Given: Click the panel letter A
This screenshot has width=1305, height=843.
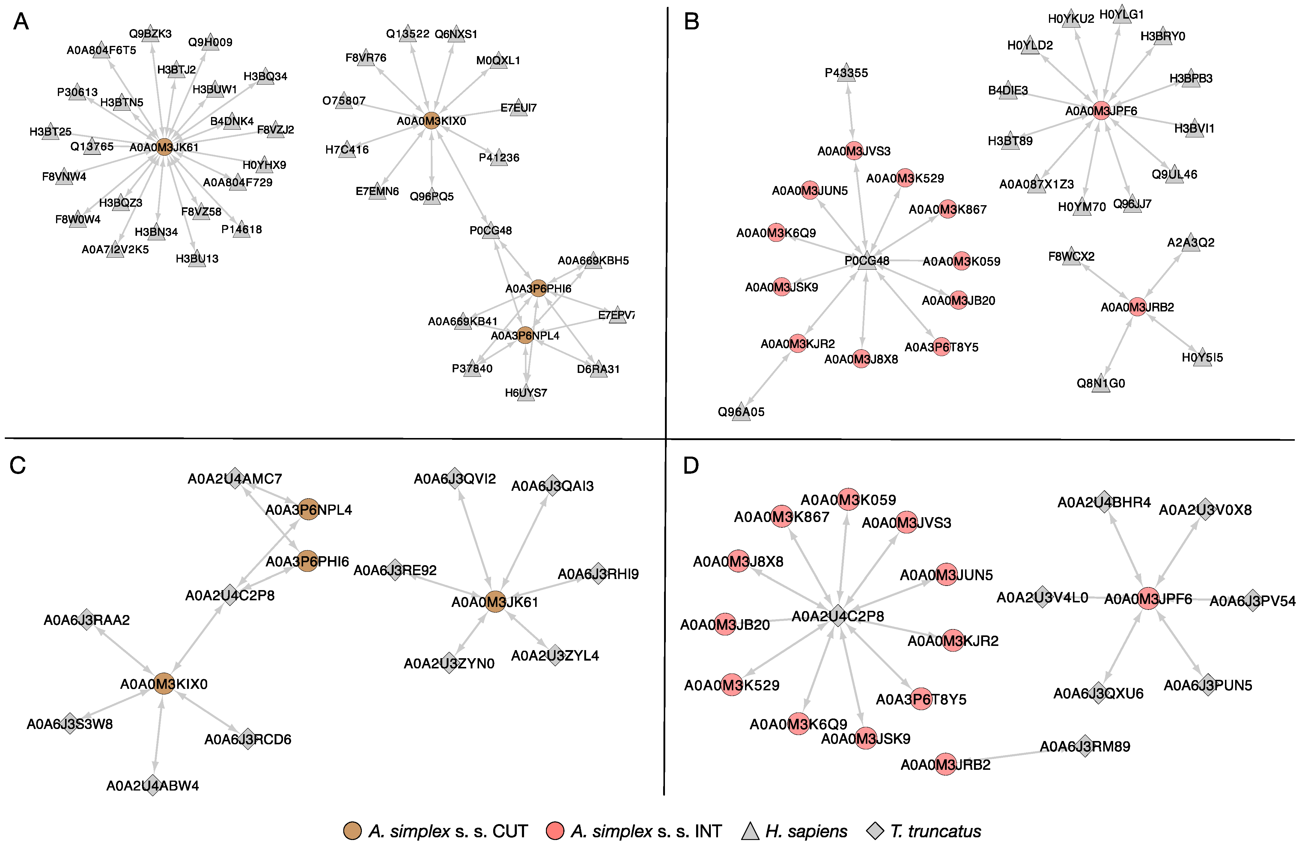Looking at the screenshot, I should coord(21,22).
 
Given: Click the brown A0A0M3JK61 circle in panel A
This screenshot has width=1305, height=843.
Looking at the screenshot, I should coord(164,147).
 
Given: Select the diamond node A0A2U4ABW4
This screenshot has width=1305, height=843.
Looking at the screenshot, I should coord(153,785).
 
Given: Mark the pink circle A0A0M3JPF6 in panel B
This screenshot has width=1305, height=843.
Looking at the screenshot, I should coord(1101,111).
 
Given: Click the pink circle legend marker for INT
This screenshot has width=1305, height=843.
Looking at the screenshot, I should coord(555,830).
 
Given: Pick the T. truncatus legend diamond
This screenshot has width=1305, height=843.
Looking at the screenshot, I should coord(876,830).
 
